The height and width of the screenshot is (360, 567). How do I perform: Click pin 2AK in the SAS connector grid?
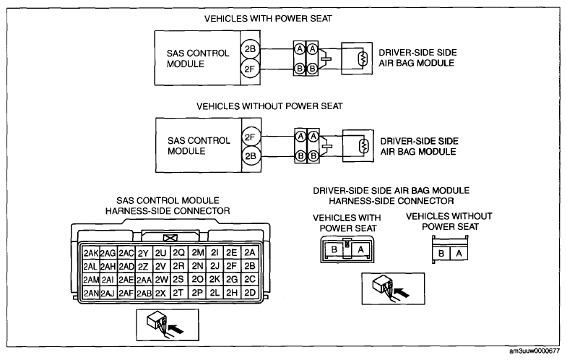(91, 253)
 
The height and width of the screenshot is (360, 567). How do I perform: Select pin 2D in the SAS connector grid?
(250, 293)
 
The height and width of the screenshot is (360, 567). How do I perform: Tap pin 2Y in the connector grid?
(143, 253)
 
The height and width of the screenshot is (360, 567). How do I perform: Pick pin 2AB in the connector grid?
(144, 293)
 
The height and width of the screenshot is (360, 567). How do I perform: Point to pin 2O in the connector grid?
(197, 279)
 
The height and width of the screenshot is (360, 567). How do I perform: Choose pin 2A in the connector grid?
(250, 252)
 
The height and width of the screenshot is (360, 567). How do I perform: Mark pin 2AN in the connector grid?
(91, 293)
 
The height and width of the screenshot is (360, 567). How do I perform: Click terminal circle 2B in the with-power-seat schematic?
(250, 49)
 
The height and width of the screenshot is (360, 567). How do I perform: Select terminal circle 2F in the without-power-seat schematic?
(251, 137)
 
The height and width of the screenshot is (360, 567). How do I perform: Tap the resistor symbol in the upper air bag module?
(363, 59)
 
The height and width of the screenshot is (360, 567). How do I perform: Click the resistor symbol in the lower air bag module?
(364, 146)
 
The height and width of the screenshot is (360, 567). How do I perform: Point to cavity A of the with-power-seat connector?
(360, 249)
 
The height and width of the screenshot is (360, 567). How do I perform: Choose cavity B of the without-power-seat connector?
(441, 253)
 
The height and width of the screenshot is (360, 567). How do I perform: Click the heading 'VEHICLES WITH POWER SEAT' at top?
(268, 19)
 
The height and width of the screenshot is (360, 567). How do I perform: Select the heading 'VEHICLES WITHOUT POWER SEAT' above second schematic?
(269, 106)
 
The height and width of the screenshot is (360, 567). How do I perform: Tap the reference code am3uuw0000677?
(534, 351)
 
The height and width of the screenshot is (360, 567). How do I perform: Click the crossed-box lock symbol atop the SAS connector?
(170, 238)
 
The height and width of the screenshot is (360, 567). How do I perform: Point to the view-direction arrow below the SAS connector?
(176, 329)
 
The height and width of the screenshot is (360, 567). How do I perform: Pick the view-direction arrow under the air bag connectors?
(402, 292)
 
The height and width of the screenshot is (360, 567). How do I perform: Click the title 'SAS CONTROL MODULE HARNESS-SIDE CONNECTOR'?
(168, 205)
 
